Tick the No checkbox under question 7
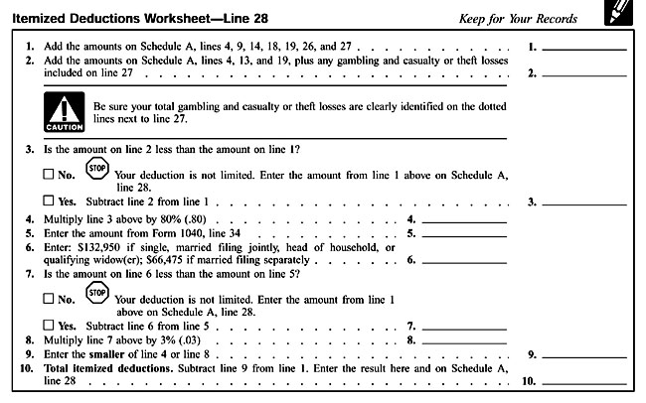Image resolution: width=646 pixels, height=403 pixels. point(50,296)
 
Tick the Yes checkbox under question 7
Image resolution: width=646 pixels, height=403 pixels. point(50,325)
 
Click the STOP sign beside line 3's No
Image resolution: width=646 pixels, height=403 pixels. point(97,170)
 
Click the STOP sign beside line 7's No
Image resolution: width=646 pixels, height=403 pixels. point(97,292)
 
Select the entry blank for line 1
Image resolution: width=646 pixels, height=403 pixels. point(591,47)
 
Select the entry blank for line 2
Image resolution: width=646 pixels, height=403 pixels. point(591,72)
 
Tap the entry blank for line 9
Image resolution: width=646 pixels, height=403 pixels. point(591,352)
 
